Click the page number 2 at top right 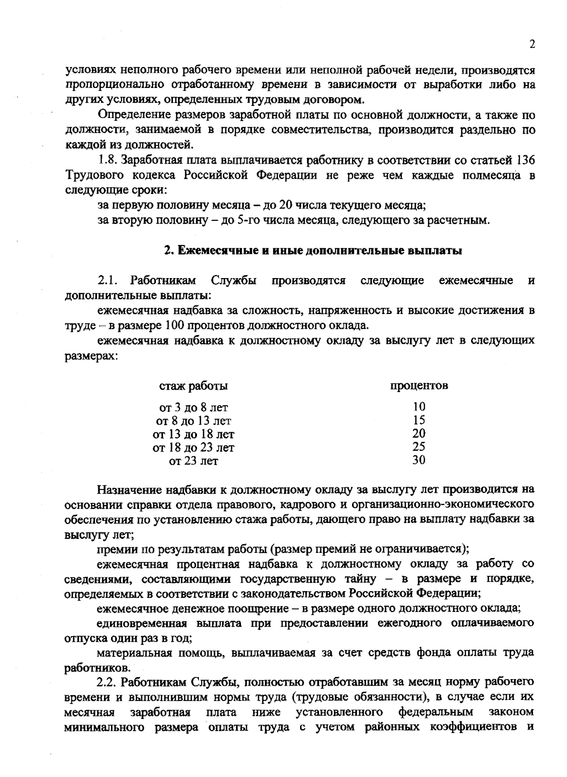pos(532,44)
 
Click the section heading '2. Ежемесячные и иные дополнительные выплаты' pos(313,251)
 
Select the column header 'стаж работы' pos(194,386)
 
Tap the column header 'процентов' pos(419,385)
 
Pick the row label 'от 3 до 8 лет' pos(194,407)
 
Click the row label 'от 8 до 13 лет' pos(194,420)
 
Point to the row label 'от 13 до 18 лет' pos(194,434)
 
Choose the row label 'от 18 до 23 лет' pos(194,447)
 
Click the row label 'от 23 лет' pos(194,460)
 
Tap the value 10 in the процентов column pos(419,406)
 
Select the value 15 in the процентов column pos(419,420)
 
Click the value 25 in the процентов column pos(419,446)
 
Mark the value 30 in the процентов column pos(419,460)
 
